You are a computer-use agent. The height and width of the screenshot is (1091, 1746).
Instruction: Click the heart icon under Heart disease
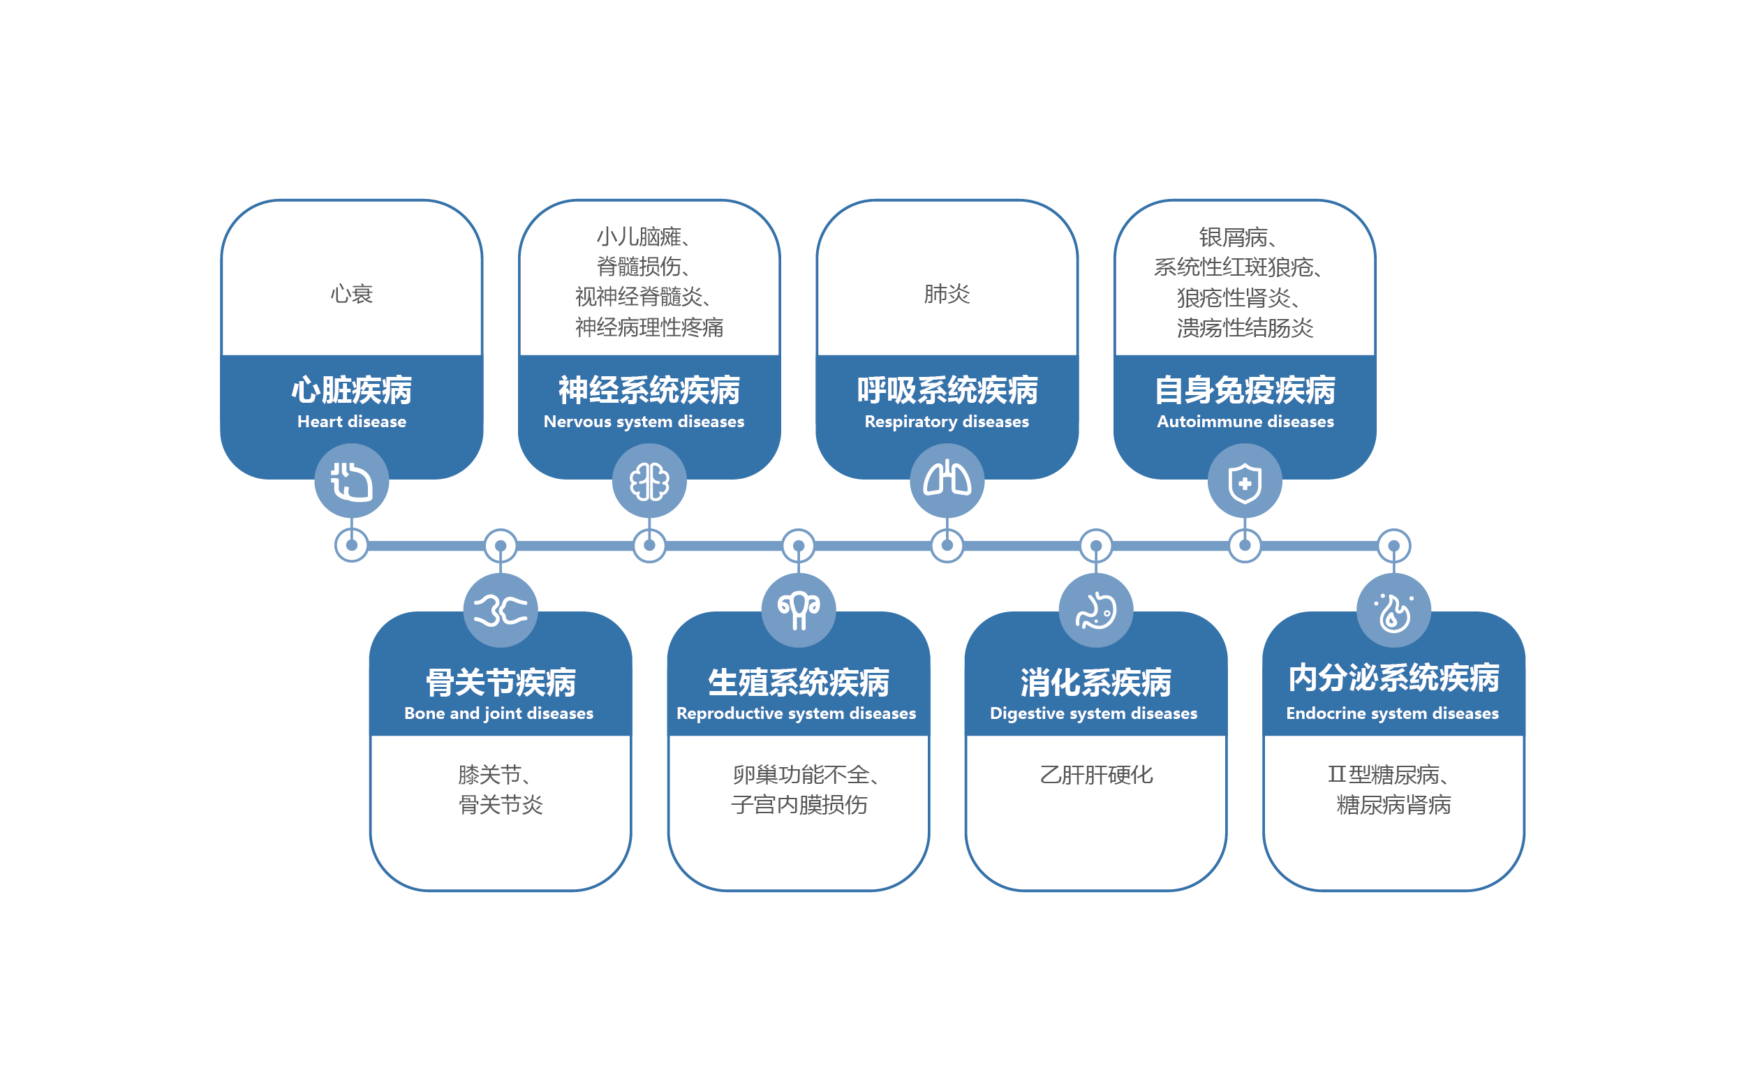coord(351,481)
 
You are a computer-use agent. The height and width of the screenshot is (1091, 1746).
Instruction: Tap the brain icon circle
coord(649,481)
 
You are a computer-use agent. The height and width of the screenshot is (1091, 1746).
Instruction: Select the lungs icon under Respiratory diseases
coord(947,480)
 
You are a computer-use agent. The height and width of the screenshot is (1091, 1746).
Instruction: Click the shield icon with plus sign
coord(1245,481)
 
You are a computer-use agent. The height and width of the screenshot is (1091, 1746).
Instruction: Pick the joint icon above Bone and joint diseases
coord(501,611)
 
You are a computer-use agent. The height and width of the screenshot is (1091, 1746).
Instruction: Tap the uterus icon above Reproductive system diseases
coord(799,611)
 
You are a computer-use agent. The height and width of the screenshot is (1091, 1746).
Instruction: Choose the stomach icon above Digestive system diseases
coord(1096,611)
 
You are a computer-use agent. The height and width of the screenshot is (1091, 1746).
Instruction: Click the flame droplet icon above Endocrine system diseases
coord(1394,611)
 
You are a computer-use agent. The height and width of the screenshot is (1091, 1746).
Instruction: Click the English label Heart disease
coord(351,422)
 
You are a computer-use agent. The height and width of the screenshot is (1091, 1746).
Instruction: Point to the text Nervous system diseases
coord(644,422)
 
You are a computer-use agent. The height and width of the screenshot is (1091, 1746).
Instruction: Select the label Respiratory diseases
coord(947,422)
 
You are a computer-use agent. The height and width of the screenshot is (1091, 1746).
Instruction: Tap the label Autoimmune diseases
coord(1245,422)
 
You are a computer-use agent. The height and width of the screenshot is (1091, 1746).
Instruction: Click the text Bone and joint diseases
coord(498,713)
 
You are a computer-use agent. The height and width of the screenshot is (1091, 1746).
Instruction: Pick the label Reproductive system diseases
coord(796,713)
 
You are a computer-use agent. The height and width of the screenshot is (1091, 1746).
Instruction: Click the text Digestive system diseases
coord(1093,713)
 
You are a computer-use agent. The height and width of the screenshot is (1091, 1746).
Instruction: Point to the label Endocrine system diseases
coord(1392,713)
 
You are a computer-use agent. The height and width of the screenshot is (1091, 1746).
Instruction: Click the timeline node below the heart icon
coord(351,546)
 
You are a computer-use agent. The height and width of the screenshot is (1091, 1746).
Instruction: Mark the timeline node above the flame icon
coord(1394,546)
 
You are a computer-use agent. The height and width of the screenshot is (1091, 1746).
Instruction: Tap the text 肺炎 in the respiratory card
coord(947,294)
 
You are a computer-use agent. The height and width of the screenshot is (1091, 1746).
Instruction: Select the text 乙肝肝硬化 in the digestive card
coord(1096,775)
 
